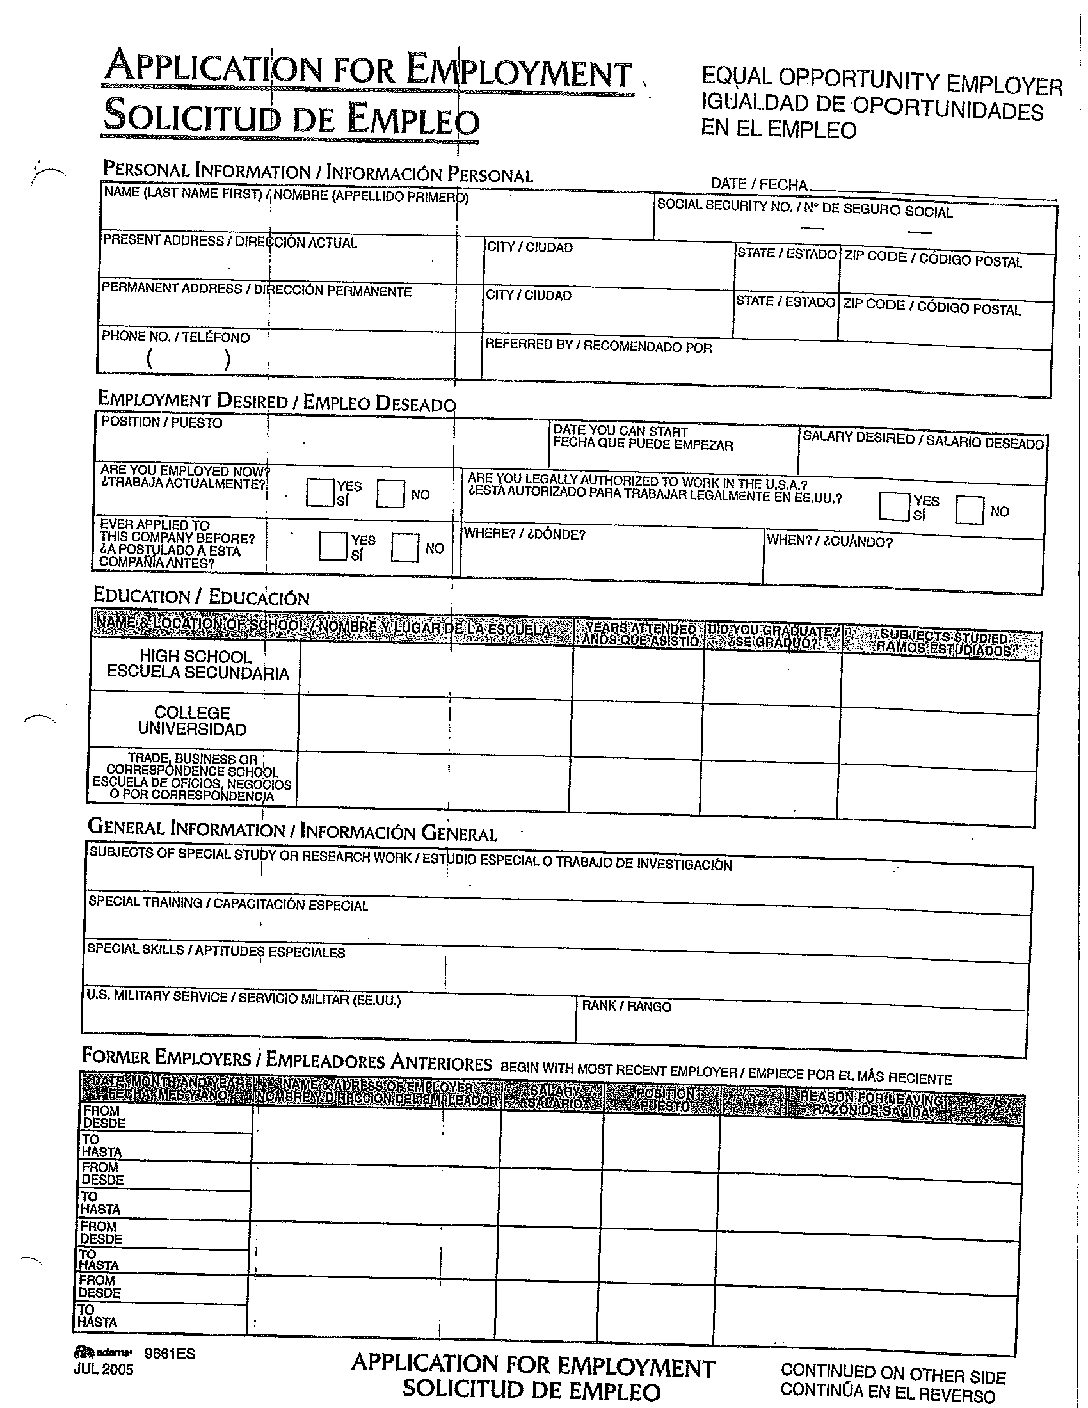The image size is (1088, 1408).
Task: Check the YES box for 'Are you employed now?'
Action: (x=321, y=492)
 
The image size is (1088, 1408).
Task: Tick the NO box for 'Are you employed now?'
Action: (x=391, y=494)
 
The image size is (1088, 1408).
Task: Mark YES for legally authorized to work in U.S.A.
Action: (x=893, y=506)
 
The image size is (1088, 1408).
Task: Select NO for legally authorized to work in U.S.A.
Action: (x=969, y=510)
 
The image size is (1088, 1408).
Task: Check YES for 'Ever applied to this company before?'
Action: (x=332, y=545)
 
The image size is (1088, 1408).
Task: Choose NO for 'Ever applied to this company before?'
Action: (x=405, y=547)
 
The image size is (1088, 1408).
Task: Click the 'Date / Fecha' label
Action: (x=758, y=184)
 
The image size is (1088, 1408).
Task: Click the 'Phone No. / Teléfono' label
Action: (x=175, y=337)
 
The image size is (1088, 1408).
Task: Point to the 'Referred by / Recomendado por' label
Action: (x=598, y=346)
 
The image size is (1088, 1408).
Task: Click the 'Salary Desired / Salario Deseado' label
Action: (x=923, y=440)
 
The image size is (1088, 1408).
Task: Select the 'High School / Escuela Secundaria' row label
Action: (x=197, y=665)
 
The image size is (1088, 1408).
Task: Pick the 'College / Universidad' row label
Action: (x=192, y=721)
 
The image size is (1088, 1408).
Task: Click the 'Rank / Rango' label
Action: (x=626, y=1006)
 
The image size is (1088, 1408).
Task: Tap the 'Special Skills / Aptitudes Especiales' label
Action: (x=215, y=950)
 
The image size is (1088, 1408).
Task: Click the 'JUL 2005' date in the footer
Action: (x=103, y=1370)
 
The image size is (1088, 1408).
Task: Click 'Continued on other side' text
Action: (x=892, y=1374)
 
